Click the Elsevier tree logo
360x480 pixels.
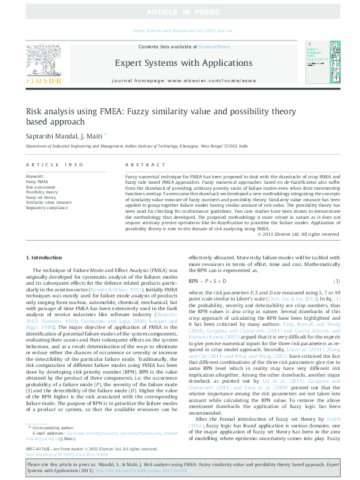coord(43,63)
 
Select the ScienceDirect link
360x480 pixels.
coord(215,47)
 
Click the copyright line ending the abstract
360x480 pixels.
coord(296,216)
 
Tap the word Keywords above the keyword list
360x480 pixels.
coord(36,176)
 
